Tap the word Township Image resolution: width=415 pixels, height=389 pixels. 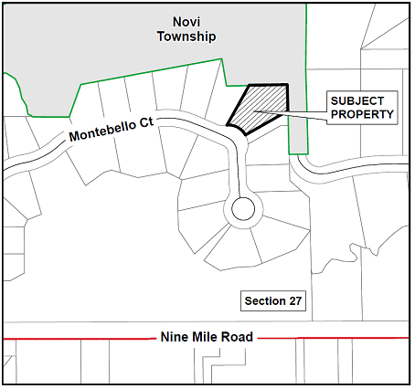(x=186, y=37)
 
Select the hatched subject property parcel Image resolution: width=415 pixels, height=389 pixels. (x=259, y=108)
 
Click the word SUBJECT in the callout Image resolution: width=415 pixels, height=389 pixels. (x=357, y=101)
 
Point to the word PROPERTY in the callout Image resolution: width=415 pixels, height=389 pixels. (x=362, y=114)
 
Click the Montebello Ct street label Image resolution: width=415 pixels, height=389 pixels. (x=112, y=130)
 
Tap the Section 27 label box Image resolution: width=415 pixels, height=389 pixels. (x=273, y=301)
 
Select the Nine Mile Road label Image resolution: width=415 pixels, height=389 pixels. (x=207, y=337)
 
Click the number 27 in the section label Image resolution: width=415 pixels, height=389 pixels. (x=295, y=301)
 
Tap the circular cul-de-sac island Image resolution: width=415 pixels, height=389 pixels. (x=243, y=209)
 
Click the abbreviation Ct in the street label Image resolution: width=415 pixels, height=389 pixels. (x=147, y=122)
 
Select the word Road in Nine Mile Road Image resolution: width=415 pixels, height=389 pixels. (x=237, y=337)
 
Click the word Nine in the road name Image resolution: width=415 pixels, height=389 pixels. (x=174, y=337)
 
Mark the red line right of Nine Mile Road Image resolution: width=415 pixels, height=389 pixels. (x=334, y=338)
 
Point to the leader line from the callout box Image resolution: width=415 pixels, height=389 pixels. (x=291, y=116)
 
